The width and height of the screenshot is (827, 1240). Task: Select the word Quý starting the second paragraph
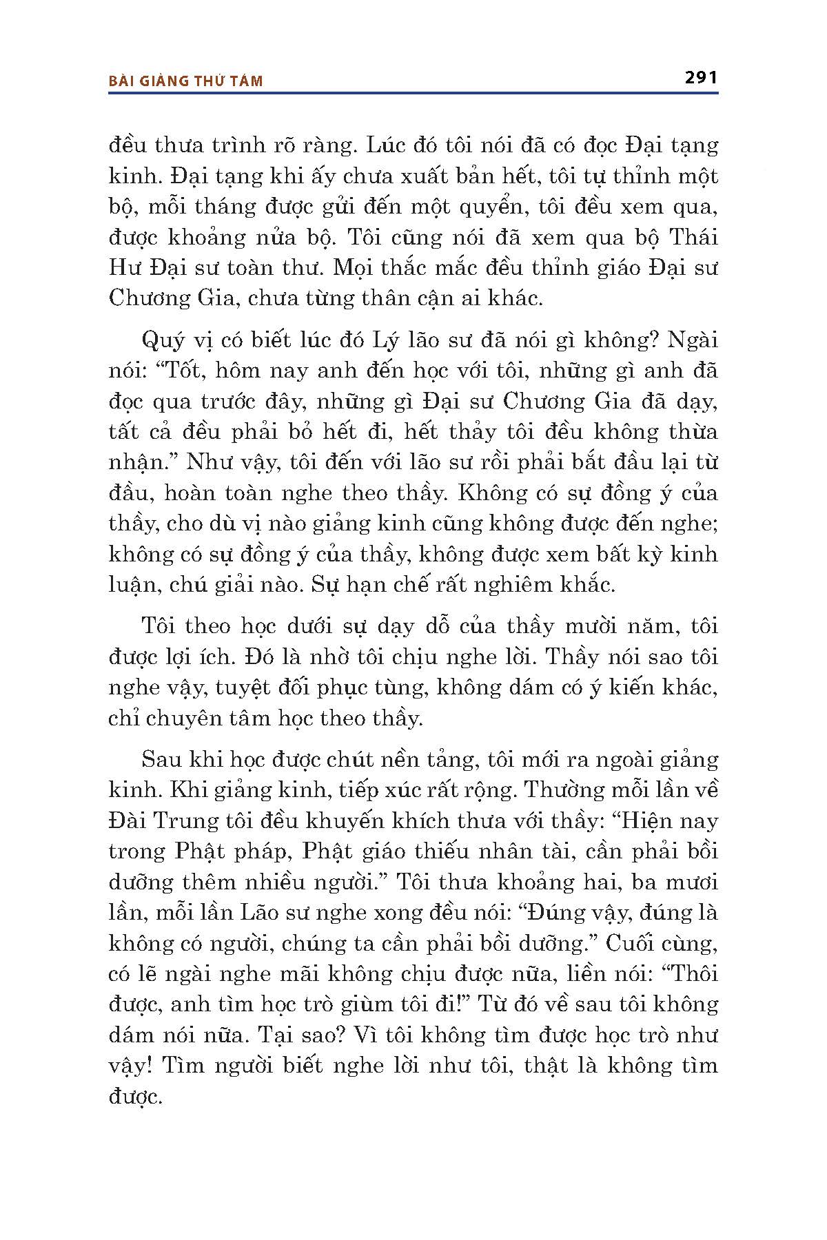(x=159, y=341)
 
